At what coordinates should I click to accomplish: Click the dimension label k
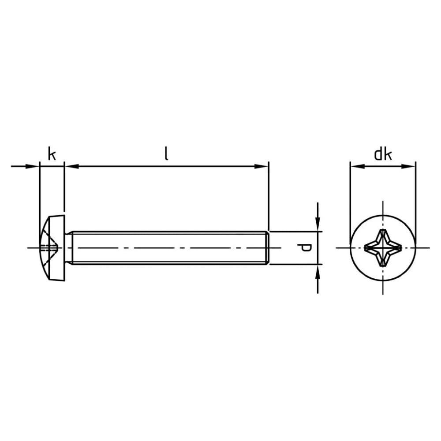(x=52, y=153)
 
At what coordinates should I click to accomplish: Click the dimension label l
(x=167, y=153)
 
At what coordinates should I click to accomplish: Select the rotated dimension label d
(x=305, y=248)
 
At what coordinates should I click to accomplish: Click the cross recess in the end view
(x=383, y=248)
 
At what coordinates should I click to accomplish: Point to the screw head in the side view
(x=52, y=248)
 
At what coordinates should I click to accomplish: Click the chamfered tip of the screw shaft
(x=268, y=248)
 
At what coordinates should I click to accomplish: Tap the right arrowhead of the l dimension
(x=261, y=167)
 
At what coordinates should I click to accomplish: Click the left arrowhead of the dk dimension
(x=358, y=167)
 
